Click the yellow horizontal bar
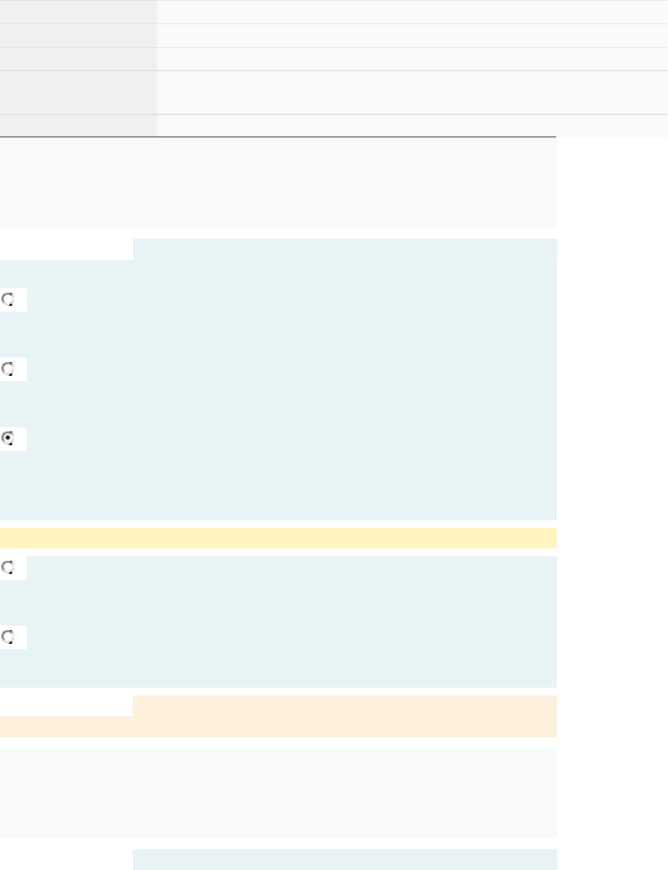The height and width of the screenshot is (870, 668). tap(278, 538)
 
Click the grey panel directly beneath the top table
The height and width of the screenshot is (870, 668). tap(278, 183)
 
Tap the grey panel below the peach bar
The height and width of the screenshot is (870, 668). tap(278, 793)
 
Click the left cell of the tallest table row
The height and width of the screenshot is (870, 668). tap(78, 92)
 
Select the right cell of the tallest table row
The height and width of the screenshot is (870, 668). tap(412, 92)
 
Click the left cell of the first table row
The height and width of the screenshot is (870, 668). tap(78, 12)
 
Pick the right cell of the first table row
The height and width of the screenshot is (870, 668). tap(412, 12)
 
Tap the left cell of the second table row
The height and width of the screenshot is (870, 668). tap(78, 35)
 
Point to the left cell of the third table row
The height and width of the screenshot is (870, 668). tap(78, 59)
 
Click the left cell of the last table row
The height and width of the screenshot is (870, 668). tap(78, 125)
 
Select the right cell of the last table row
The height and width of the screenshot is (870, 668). tap(412, 125)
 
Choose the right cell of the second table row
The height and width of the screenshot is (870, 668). tap(412, 35)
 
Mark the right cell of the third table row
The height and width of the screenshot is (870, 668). tap(412, 59)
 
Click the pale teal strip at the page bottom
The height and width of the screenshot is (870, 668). tap(344, 860)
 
